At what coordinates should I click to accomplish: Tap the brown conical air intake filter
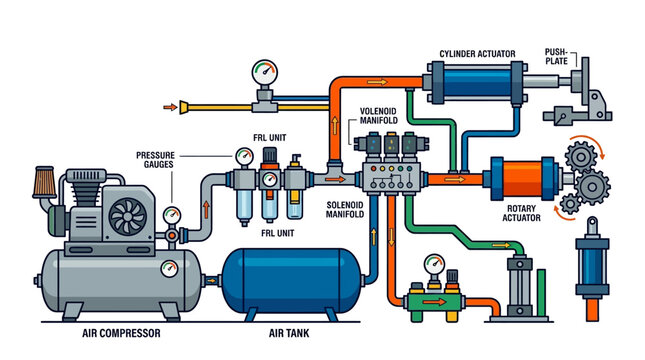click(x=44, y=183)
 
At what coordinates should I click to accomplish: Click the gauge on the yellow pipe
click(x=264, y=73)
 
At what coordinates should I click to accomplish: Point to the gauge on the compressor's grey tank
click(x=167, y=267)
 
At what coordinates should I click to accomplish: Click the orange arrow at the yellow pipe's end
click(x=184, y=105)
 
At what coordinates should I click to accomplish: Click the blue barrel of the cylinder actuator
click(x=477, y=83)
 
